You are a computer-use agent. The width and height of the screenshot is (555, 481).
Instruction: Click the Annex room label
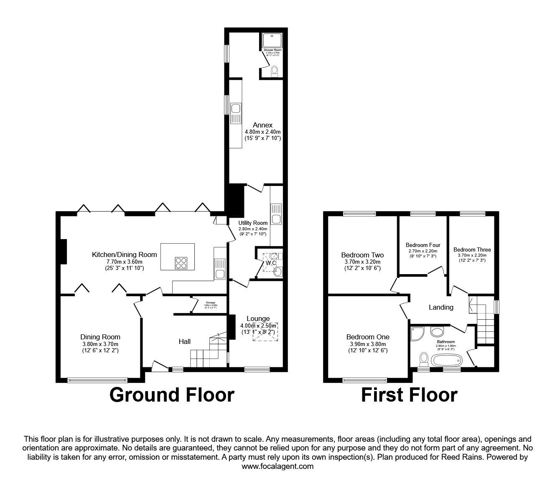click(x=263, y=125)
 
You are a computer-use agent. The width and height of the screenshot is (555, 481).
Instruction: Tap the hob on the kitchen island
click(x=181, y=262)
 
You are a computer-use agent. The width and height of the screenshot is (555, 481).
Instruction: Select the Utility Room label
click(x=253, y=223)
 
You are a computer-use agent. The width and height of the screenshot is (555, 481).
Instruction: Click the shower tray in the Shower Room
click(x=272, y=40)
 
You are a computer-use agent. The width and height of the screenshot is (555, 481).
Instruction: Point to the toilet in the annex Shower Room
click(x=275, y=71)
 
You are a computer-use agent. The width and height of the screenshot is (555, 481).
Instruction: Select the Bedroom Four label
click(x=423, y=245)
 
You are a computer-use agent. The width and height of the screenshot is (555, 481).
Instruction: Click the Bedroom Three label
click(x=472, y=249)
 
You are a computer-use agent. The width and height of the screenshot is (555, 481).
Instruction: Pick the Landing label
click(x=441, y=307)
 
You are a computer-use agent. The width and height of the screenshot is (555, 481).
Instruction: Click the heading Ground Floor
click(x=172, y=394)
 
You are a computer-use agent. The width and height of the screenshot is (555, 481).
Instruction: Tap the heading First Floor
click(x=409, y=394)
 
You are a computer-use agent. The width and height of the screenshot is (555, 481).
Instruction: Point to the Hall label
click(x=185, y=341)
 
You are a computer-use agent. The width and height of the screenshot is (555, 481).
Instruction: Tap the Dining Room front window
click(x=97, y=380)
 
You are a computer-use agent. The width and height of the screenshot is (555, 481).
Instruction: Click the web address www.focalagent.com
click(x=277, y=466)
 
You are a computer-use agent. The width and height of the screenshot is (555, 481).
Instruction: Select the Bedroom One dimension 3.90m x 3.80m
click(x=367, y=344)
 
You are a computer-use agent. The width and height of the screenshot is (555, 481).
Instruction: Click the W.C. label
click(x=270, y=263)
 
